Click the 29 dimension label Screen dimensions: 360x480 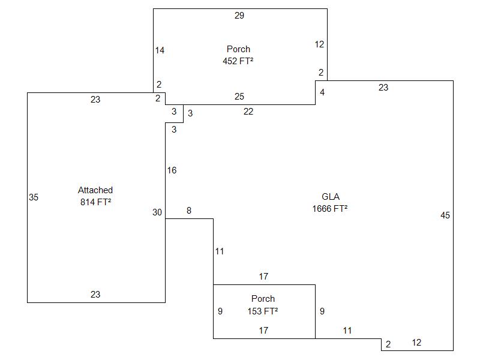239,16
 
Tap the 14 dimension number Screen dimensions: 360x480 160,50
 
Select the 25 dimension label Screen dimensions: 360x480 239,97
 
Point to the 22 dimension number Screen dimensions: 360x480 248,112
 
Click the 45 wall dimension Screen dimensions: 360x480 445,215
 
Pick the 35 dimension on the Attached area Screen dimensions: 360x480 34,197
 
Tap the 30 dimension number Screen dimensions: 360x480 157,212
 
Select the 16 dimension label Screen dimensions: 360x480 172,170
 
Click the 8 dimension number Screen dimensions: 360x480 189,211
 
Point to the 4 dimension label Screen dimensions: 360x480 322,92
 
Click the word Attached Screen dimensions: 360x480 95,190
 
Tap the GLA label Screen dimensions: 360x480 331,197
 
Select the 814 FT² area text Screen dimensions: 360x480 95,202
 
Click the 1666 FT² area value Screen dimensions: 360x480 330,209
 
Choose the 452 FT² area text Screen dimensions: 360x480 238,61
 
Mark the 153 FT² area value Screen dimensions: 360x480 263,311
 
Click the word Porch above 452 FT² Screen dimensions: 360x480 238,49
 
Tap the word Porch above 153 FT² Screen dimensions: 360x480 263,299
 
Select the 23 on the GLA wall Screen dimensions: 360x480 383,88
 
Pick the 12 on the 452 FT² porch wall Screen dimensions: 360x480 320,44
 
